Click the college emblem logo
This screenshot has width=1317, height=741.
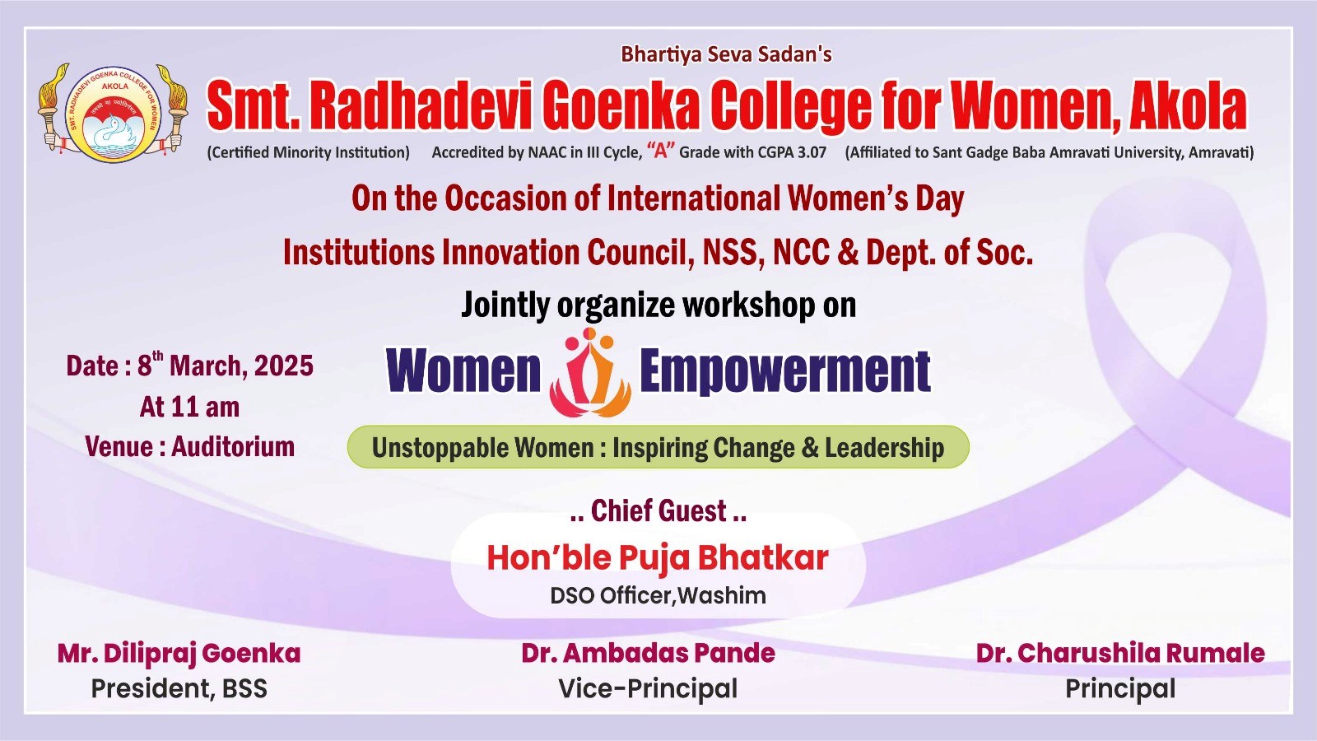pos(113,114)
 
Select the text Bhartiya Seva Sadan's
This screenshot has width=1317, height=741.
pos(726,54)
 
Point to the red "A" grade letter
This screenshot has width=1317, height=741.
pos(661,151)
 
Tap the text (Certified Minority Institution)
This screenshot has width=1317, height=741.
pos(308,152)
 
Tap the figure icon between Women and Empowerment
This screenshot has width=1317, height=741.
pos(589,372)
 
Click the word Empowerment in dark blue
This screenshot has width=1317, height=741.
pos(785,371)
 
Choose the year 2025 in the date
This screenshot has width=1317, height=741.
pos(284,366)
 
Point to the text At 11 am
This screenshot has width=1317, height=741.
pos(189,407)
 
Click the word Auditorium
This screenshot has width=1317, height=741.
pos(233,447)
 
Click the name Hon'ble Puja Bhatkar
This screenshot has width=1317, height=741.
pos(658,557)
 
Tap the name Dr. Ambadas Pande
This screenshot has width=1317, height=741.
pos(648,654)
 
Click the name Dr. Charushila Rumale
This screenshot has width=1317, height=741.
pos(1120,654)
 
